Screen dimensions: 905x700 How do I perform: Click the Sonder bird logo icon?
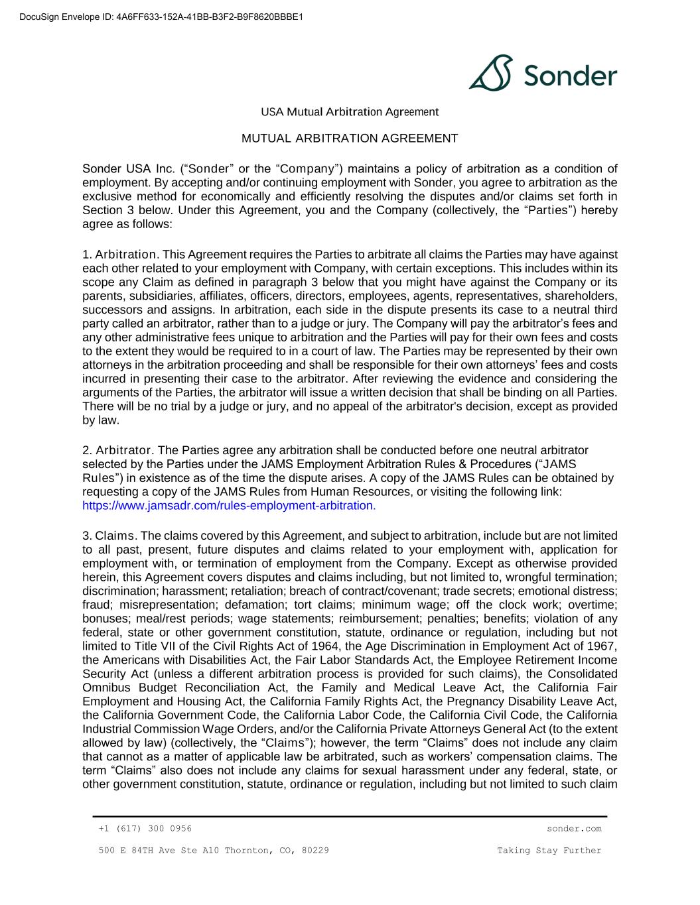[x=492, y=72]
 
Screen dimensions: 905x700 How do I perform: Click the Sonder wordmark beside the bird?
[x=570, y=76]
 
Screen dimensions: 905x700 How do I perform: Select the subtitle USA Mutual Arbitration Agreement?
[x=350, y=111]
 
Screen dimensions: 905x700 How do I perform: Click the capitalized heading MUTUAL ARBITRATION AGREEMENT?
[x=350, y=139]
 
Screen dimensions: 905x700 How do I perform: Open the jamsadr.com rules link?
[x=229, y=505]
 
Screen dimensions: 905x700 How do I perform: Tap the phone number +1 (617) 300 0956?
[x=145, y=828]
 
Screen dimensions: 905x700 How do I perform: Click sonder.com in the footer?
[x=574, y=828]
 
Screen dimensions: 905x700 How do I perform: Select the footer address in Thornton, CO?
[x=213, y=850]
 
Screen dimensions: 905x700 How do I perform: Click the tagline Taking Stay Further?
[x=549, y=850]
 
